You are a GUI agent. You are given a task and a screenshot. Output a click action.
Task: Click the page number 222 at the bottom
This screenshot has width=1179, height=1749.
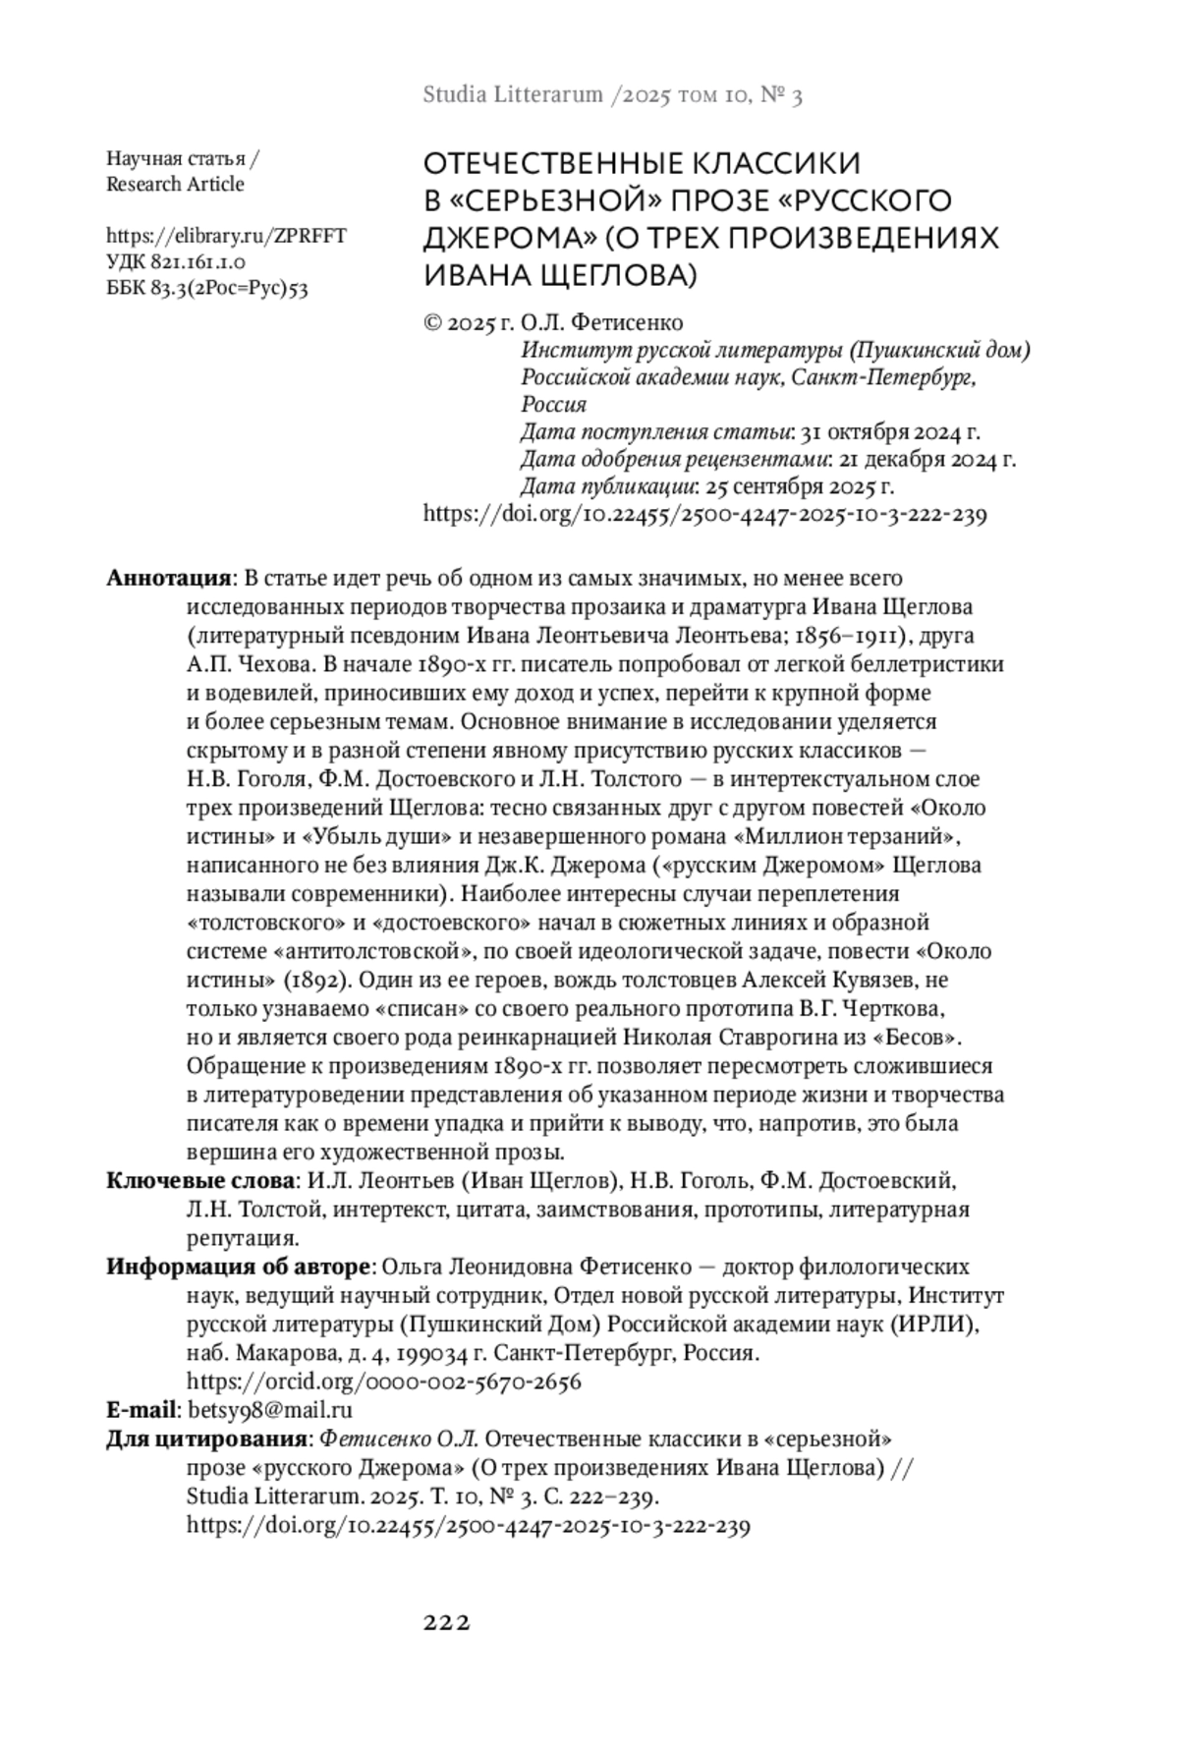pyautogui.click(x=447, y=1622)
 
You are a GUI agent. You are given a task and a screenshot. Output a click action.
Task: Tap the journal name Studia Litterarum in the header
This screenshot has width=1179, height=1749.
pyautogui.click(x=512, y=95)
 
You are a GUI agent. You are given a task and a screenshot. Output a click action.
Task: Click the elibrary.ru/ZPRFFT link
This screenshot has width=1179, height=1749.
pyautogui.click(x=226, y=236)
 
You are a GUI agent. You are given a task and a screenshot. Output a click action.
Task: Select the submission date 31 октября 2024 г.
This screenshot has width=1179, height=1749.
pyautogui.click(x=891, y=432)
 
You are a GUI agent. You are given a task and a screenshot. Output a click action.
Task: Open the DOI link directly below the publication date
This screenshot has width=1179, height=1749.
pyautogui.click(x=704, y=514)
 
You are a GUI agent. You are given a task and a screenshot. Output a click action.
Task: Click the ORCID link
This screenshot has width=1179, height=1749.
pyautogui.click(x=383, y=1382)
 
